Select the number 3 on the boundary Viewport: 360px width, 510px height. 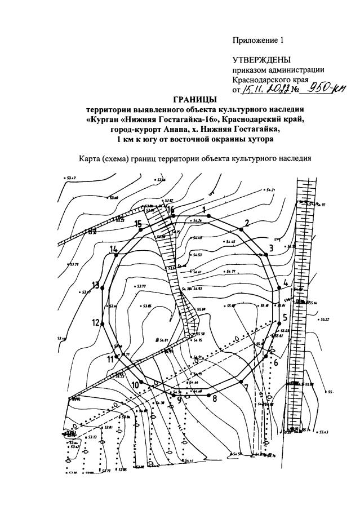coord(270,247)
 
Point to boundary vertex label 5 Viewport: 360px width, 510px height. coord(285,317)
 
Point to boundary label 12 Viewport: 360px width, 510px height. coord(96,322)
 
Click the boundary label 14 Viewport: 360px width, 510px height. coord(114,249)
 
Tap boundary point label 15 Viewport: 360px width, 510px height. coord(138,224)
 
